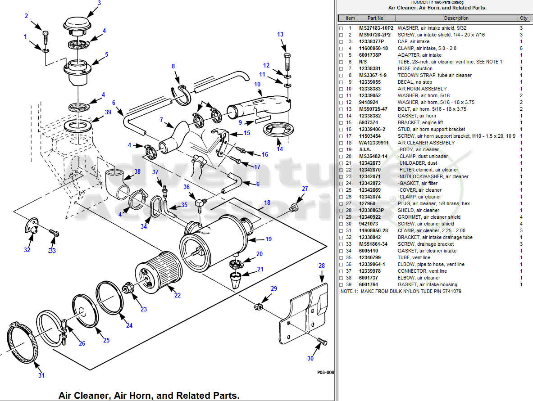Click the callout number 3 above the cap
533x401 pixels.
pyautogui.click(x=99, y=3)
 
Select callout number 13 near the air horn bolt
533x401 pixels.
pyautogui.click(x=280, y=35)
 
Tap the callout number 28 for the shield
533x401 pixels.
pyautogui.click(x=322, y=266)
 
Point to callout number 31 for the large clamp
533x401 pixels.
pyautogui.click(x=41, y=375)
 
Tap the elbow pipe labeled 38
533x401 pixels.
pyautogui.click(x=115, y=182)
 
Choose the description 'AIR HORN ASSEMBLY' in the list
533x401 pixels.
pyautogui.click(x=422, y=89)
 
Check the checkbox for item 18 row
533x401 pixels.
pyautogui.click(x=341, y=143)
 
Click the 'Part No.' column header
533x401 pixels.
pyautogui.click(x=376, y=18)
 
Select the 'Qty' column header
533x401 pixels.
pyautogui.click(x=523, y=18)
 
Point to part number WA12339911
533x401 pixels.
pyautogui.click(x=374, y=143)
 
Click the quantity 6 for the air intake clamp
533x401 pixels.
pyautogui.click(x=521, y=48)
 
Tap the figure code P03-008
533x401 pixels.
pyautogui.click(x=325, y=373)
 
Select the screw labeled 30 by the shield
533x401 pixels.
pyautogui.click(x=322, y=342)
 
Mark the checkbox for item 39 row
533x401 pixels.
pyautogui.click(x=341, y=285)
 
